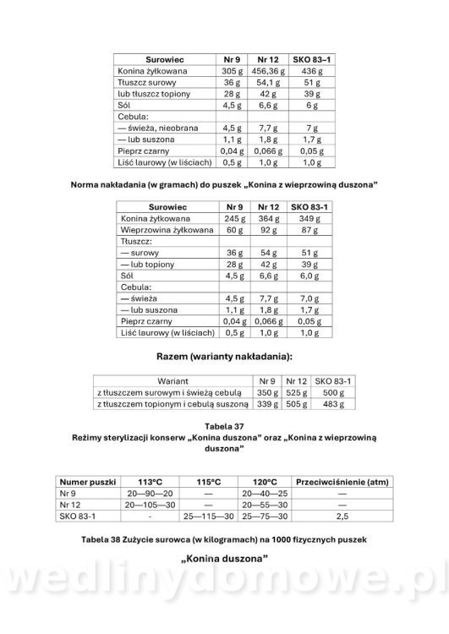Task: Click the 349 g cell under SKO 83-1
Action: [x=310, y=217]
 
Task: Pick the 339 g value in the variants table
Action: [x=267, y=405]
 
